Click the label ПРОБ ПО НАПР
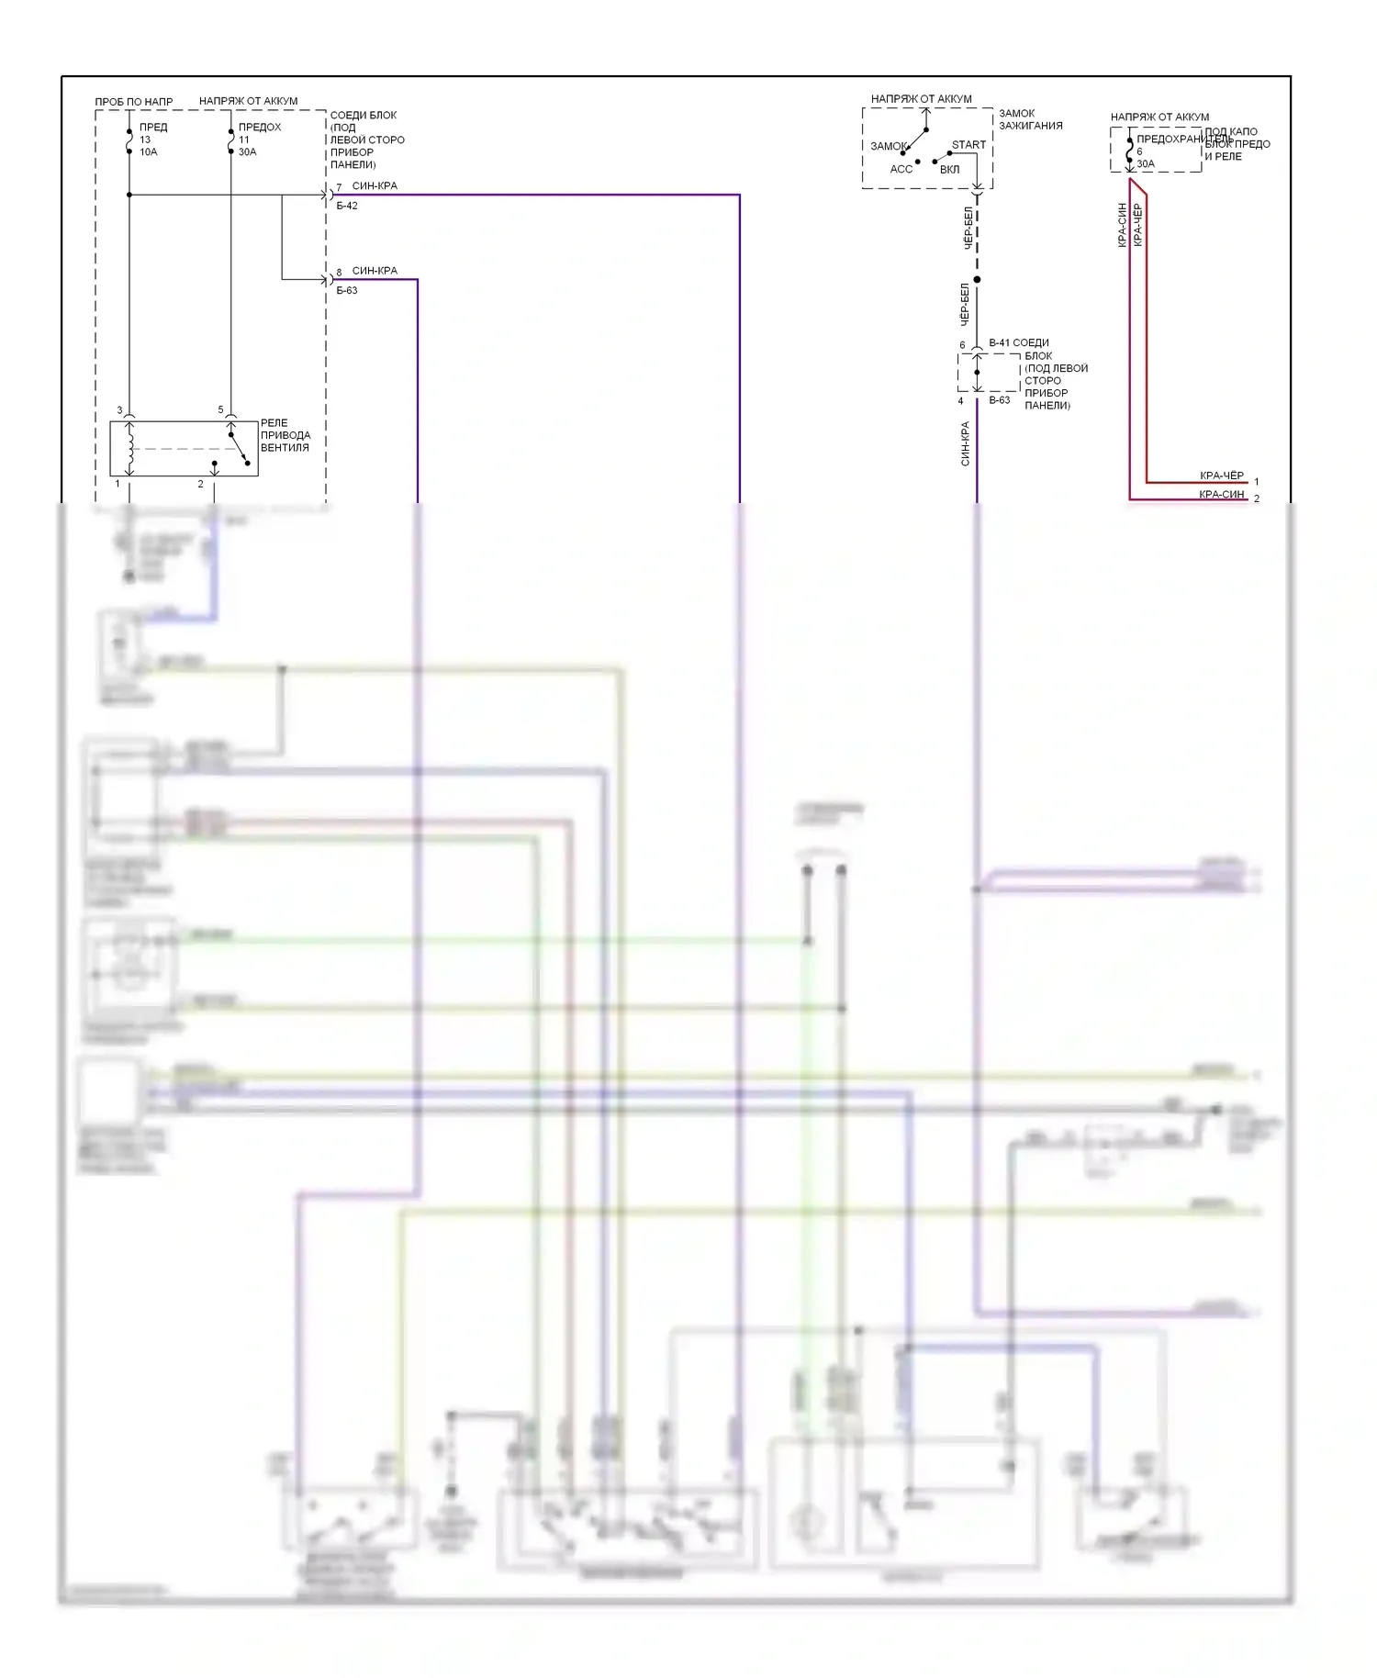(133, 101)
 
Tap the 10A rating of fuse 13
(148, 152)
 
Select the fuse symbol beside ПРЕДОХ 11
(230, 141)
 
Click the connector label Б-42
(347, 206)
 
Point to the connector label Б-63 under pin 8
(347, 291)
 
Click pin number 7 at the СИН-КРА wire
(339, 187)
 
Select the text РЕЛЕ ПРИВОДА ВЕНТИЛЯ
(285, 435)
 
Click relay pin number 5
(220, 410)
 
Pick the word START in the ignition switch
(968, 145)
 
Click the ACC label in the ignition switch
(901, 169)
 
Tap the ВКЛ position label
(949, 170)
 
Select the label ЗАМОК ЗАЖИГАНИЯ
(1030, 119)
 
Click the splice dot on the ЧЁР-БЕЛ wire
(977, 279)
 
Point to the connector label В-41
(1000, 342)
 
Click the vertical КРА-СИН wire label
(1122, 225)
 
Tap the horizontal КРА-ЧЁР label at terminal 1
(1221, 475)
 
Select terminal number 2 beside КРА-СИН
(1257, 498)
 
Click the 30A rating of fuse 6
(1146, 164)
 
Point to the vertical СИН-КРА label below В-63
(965, 443)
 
